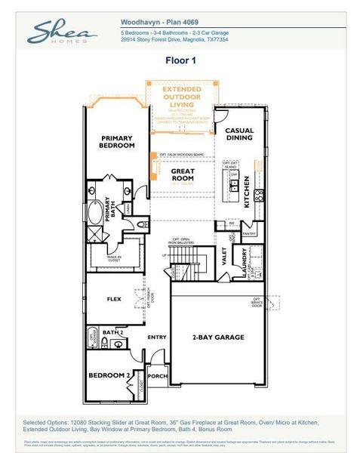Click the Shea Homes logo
point(62,32)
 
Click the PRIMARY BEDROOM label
point(118,141)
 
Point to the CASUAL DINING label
point(239,134)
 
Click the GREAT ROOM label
point(183,174)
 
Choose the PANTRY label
point(250,233)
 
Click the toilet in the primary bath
point(143,224)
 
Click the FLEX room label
point(113,299)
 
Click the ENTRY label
point(157,337)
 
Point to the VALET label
point(224,257)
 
